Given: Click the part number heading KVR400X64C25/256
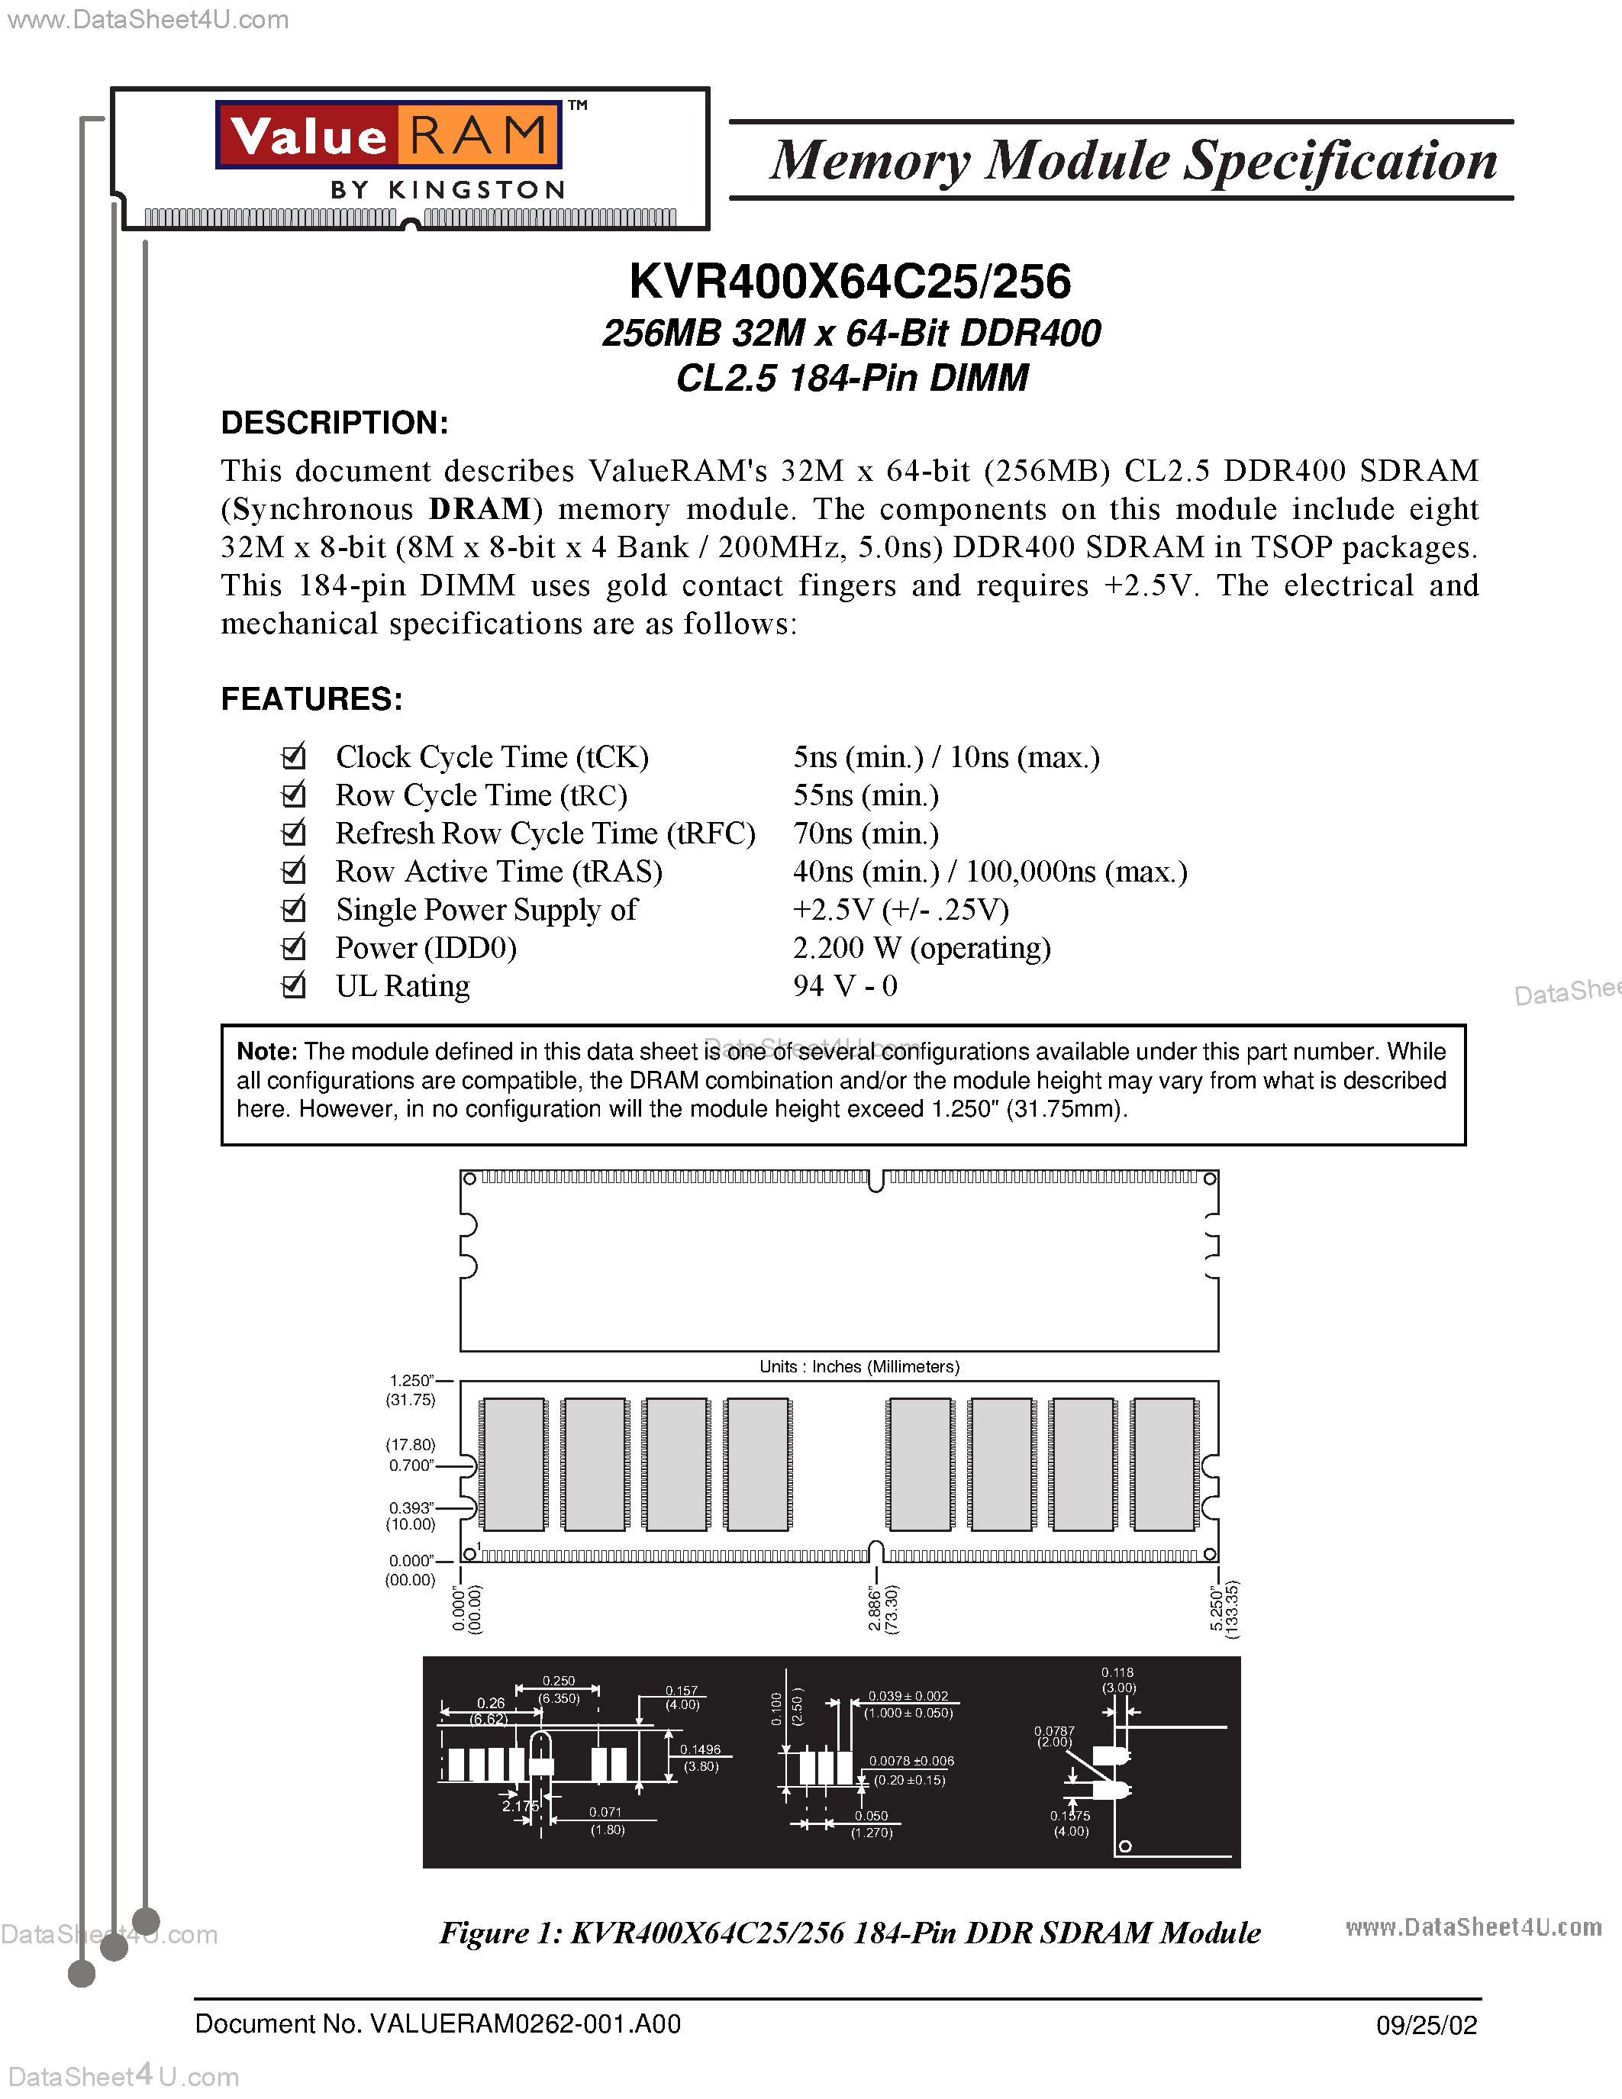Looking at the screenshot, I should click(850, 282).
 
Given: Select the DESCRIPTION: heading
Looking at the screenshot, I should click(334, 423).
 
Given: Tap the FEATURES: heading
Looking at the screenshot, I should click(311, 698).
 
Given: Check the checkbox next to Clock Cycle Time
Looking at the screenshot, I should click(293, 757).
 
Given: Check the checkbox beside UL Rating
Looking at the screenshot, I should click(293, 986).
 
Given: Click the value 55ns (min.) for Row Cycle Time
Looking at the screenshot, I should click(866, 796).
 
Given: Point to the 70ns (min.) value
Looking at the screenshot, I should click(866, 833).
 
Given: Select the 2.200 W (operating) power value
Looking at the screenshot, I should click(921, 949).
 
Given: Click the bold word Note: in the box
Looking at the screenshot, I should click(267, 1052).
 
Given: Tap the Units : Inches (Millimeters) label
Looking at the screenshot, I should click(859, 1367).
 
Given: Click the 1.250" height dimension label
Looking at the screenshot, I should click(411, 1381).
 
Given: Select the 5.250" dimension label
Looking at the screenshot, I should click(1217, 1609).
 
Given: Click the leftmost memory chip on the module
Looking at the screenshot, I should click(514, 1464).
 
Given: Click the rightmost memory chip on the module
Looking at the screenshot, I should click(1164, 1464).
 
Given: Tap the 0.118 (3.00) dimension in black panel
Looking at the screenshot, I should click(1117, 1680).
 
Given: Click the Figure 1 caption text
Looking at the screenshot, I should click(850, 1933).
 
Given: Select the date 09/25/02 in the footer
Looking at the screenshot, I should click(1426, 2026).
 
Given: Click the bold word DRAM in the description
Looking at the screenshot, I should click(479, 509).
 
